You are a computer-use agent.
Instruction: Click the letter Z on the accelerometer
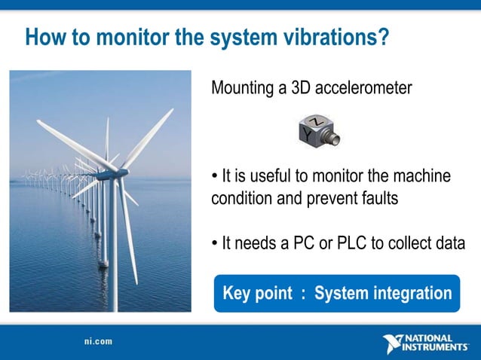tap(318, 121)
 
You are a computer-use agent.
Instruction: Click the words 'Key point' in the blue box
tap(257, 293)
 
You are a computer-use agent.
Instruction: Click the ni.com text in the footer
tap(99, 341)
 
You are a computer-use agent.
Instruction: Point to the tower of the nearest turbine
tap(115, 249)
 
